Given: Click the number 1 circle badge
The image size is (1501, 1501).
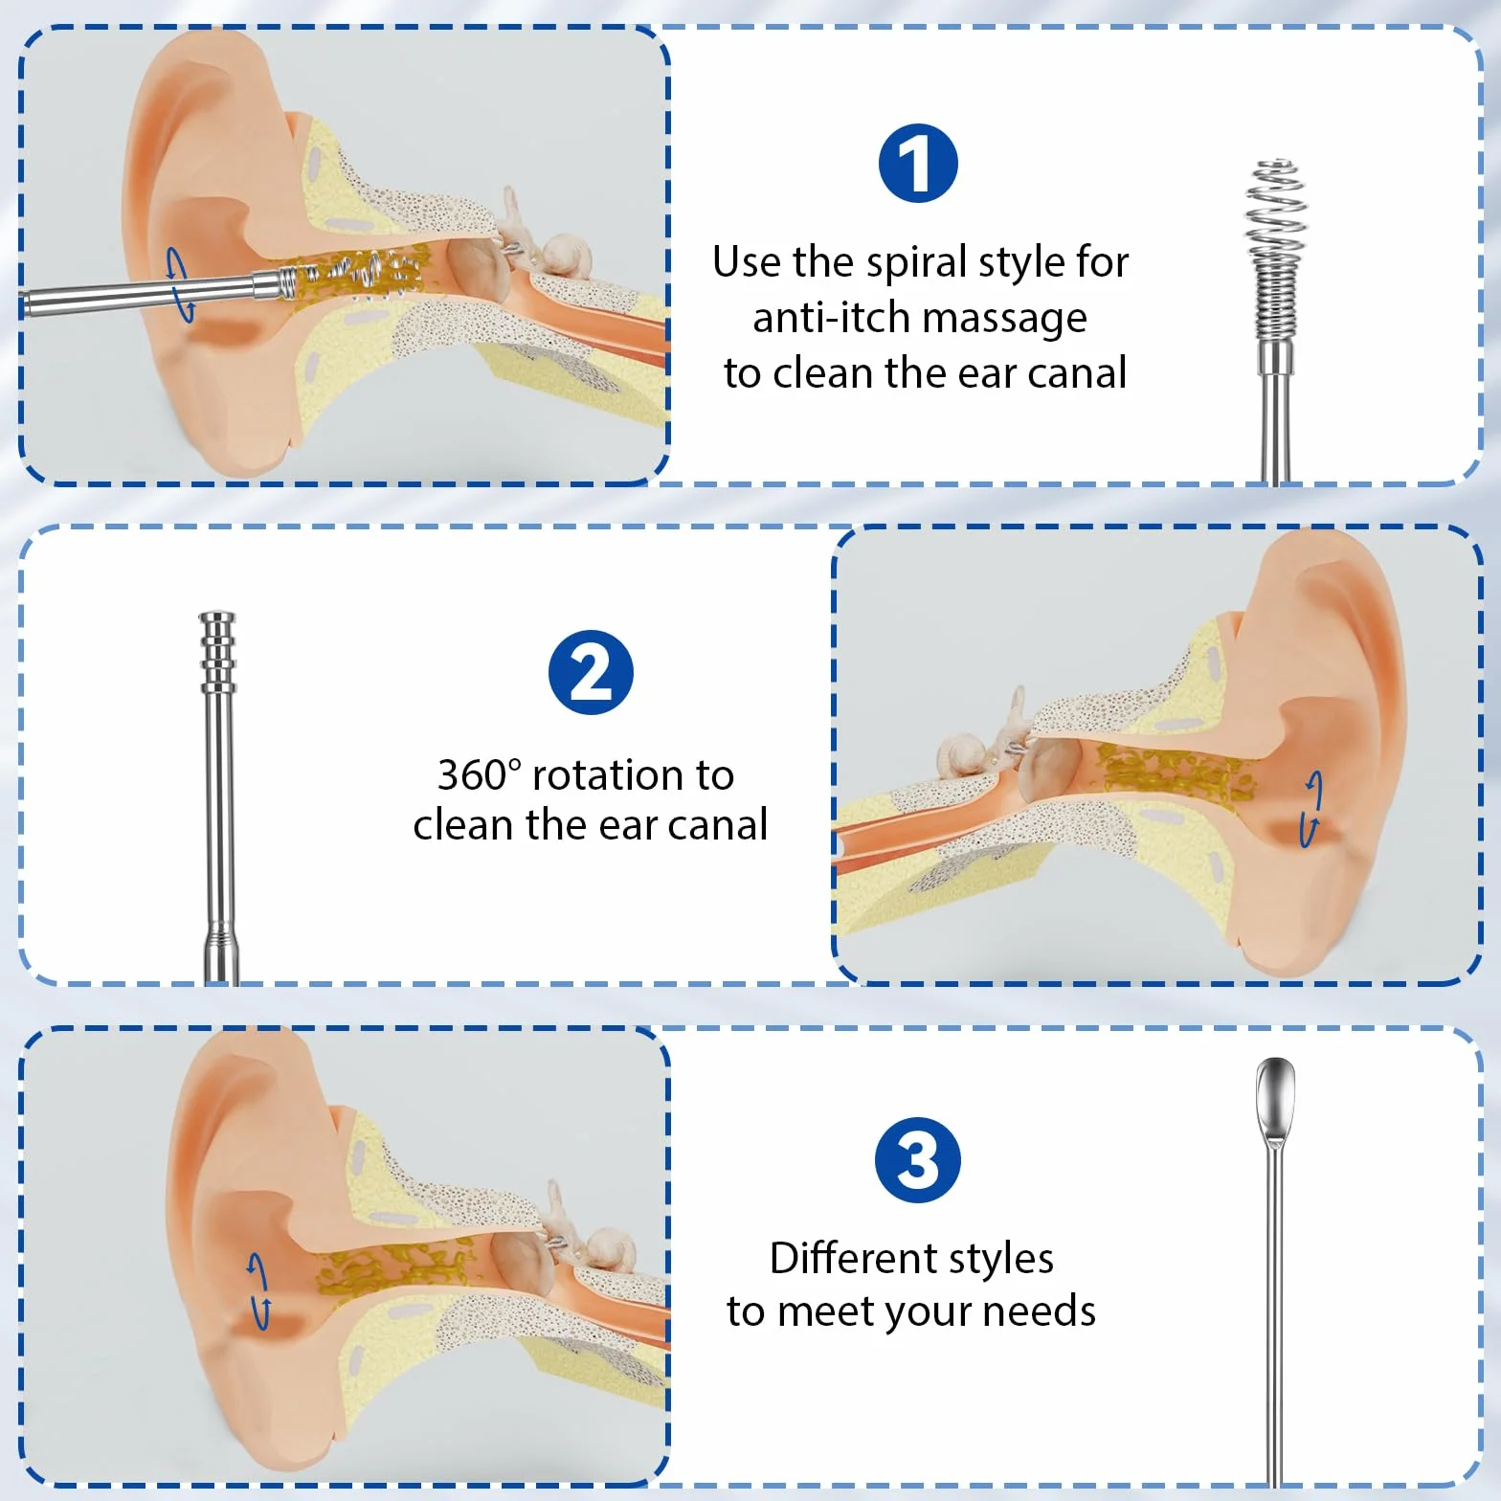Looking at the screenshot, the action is (x=918, y=164).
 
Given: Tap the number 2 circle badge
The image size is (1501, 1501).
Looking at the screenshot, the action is (x=591, y=672).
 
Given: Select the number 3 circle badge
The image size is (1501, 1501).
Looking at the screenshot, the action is (x=918, y=1160).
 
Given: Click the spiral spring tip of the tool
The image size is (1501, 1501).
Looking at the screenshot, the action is (x=1276, y=251).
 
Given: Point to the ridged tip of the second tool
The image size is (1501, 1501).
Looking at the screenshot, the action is (x=217, y=651).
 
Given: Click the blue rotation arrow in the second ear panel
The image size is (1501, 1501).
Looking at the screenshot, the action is (x=1311, y=809).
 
